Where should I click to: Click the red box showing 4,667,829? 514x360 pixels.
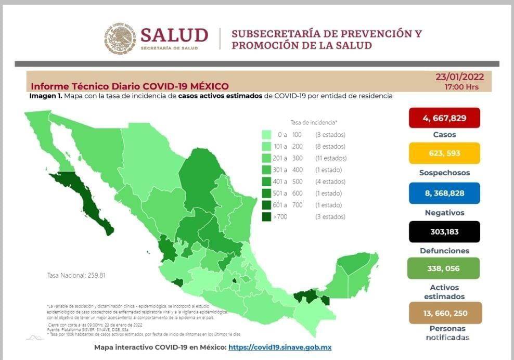[444, 118]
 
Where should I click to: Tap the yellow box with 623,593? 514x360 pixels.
[444, 153]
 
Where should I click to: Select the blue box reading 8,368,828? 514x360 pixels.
[444, 193]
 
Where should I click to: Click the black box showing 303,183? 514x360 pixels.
[444, 232]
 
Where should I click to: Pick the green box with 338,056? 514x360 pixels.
[444, 268]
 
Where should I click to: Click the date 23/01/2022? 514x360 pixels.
[459, 77]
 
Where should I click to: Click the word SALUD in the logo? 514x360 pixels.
[174, 35]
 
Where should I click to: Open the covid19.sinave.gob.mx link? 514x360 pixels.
[280, 347]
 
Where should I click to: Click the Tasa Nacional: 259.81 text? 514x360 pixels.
[76, 275]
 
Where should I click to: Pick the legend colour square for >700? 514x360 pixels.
[266, 217]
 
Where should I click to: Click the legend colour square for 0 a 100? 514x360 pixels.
[266, 135]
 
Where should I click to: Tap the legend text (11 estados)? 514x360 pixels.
[331, 158]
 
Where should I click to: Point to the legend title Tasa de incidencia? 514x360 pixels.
[314, 123]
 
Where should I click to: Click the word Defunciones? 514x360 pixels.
[444, 251]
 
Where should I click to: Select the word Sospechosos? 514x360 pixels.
[444, 173]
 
